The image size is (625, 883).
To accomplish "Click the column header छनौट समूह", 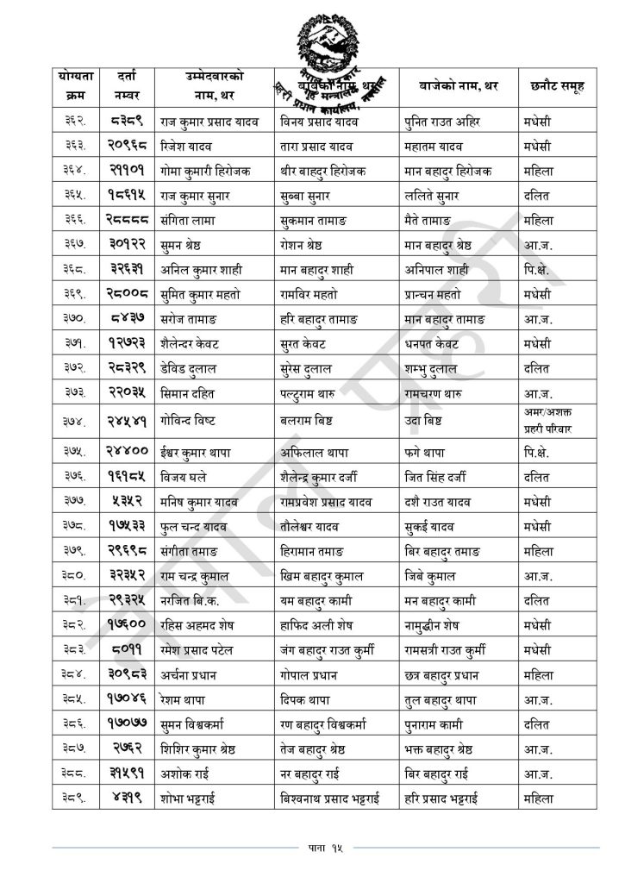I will coord(558,85).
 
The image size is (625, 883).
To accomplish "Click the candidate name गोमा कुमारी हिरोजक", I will coord(207,171).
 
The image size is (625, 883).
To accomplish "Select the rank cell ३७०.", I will coord(73,320).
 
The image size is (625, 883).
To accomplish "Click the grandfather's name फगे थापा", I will coord(428,450).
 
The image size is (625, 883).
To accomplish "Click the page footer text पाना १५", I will coord(314,849).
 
